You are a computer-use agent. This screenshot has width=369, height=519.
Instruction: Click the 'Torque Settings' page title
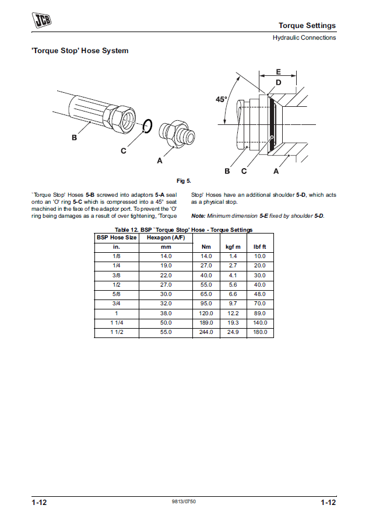(307, 26)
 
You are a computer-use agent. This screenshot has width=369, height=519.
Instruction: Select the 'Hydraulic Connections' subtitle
(304, 38)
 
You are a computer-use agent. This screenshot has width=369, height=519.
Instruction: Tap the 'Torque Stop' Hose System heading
(80, 51)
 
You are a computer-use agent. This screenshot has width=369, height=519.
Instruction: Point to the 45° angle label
(222, 100)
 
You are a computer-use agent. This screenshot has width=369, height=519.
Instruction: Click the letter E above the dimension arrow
(278, 71)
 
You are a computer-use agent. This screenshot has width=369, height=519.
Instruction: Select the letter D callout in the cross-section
(278, 83)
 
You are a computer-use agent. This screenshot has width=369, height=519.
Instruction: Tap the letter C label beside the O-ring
(124, 151)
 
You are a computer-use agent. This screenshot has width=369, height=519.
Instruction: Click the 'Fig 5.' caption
(184, 180)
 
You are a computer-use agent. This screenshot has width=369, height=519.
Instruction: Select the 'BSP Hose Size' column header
(116, 238)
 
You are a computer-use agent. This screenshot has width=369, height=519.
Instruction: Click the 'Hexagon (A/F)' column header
(166, 238)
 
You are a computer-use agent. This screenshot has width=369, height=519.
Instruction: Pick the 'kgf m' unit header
(233, 247)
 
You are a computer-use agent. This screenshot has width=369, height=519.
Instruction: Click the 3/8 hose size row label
(116, 275)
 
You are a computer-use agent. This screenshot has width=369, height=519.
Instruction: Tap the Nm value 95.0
(206, 304)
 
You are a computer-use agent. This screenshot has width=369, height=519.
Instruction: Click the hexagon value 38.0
(166, 313)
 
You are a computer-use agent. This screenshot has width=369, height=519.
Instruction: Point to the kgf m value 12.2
(233, 313)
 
